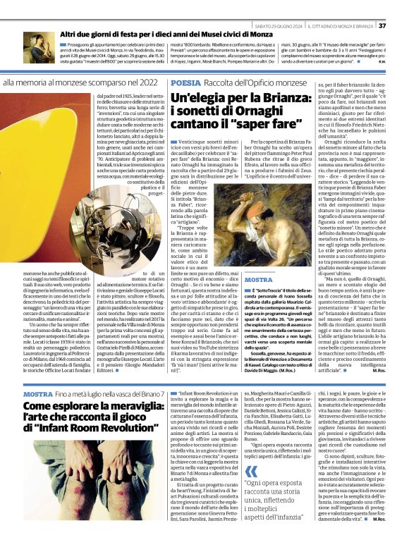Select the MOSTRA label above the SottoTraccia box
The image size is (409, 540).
point(258,280)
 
